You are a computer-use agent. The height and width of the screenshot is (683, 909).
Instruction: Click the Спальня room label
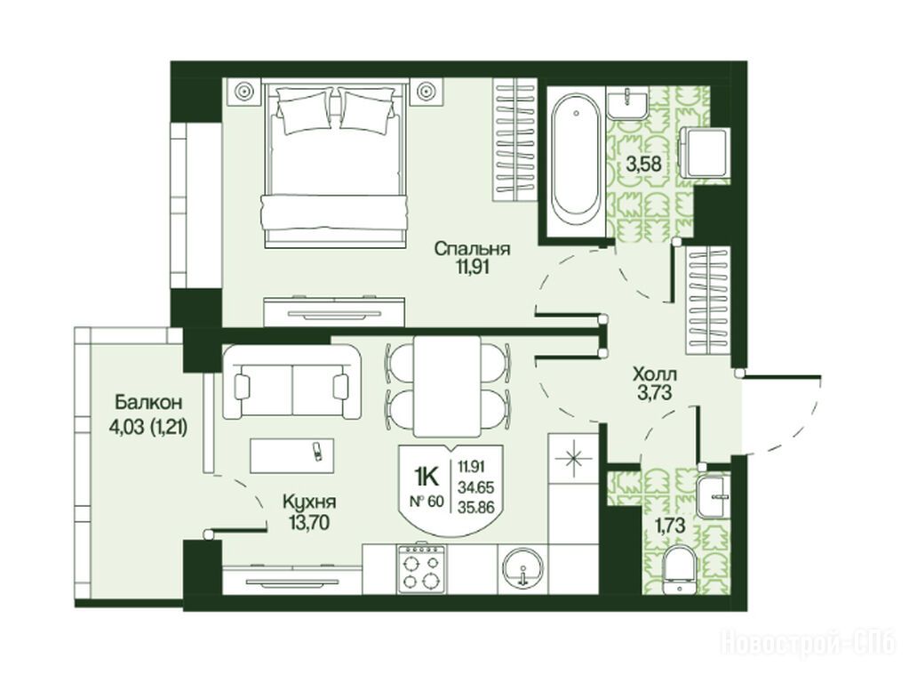pos(473,250)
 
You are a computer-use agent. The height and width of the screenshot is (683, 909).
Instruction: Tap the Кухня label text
pos(309,502)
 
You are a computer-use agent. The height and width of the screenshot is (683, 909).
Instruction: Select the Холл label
pos(655,374)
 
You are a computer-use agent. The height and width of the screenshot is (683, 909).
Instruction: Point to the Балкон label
pos(148,402)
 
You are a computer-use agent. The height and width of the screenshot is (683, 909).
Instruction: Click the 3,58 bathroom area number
pos(643,165)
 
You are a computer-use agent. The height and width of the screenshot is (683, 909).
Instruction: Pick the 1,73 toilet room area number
pos(670,526)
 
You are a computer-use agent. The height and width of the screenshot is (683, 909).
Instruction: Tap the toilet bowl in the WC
pos(681,571)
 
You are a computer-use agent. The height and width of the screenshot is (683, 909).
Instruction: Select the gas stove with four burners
pos(421,568)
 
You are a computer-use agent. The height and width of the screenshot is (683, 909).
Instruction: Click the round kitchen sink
pos(522,568)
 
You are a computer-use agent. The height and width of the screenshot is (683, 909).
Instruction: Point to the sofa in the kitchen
pos(291,382)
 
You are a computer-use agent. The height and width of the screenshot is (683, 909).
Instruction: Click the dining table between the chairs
pos(447,386)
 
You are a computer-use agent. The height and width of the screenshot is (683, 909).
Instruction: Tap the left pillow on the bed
pos(305,109)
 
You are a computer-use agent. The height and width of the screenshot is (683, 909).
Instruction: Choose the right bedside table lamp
pos(427,92)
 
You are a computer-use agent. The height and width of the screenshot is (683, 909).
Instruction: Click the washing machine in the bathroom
pos(705,153)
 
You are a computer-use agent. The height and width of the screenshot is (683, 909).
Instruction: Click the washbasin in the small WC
pos(714,497)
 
